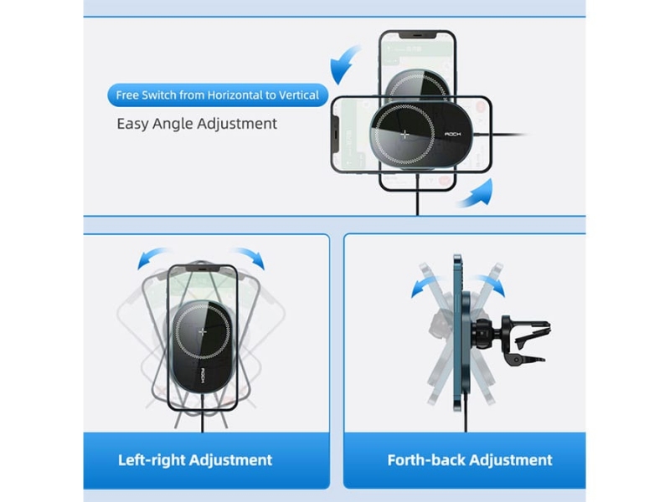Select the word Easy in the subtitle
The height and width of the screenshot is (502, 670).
(x=132, y=124)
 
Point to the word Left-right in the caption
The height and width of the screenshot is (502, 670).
(x=152, y=460)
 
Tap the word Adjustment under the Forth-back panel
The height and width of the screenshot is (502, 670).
(x=510, y=460)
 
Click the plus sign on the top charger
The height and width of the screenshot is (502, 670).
(x=405, y=135)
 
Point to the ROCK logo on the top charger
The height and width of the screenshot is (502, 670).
(x=453, y=134)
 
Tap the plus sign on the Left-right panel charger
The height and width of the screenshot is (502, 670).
(x=203, y=331)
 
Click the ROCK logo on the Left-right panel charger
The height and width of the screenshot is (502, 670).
(x=203, y=376)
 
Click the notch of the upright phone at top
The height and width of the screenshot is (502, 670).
(x=417, y=34)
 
